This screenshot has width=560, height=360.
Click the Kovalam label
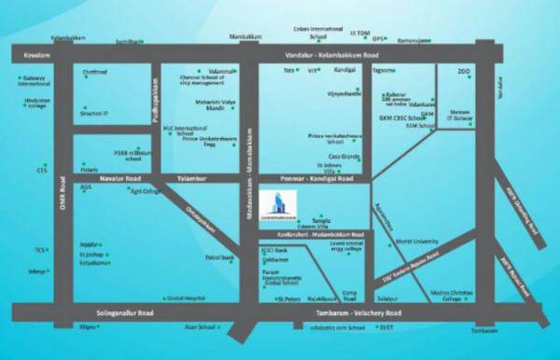34,57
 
